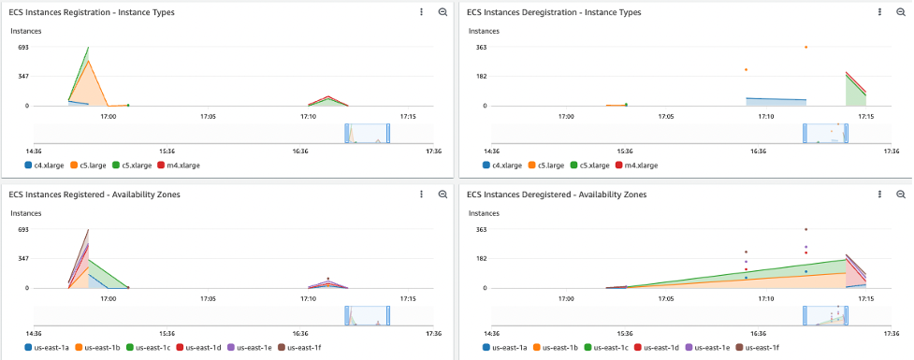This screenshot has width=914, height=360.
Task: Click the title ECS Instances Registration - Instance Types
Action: click(92, 12)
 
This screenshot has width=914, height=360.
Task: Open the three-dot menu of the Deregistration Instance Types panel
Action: click(879, 12)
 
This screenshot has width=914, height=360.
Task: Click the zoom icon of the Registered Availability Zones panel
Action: click(442, 194)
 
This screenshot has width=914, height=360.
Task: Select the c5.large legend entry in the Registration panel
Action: click(92, 165)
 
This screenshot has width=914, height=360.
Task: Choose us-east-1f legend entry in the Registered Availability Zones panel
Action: click(303, 347)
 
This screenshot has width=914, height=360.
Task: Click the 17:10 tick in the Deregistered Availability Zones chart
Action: click(765, 299)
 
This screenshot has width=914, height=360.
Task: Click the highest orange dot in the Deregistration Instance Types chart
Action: click(805, 47)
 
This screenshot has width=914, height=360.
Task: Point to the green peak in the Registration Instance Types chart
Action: click(88, 47)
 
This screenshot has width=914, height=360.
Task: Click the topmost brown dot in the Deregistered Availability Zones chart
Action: click(805, 229)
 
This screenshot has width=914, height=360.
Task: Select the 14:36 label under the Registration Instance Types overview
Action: click(34, 151)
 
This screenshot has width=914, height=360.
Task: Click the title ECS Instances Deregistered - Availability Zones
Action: click(555, 194)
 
